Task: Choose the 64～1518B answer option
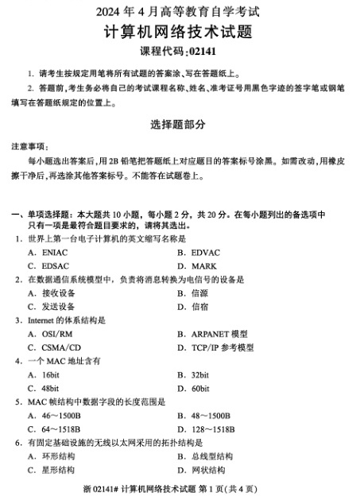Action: tap(61, 428)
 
